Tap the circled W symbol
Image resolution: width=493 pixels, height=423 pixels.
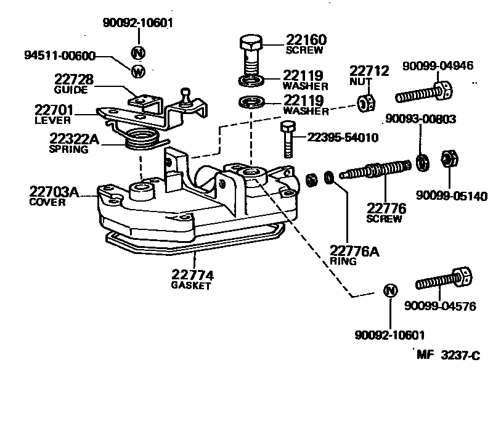tap(138, 71)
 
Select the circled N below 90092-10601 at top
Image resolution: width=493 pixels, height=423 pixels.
tap(138, 51)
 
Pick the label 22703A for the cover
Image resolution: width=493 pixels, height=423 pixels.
tap(54, 192)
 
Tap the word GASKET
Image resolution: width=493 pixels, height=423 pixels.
tap(192, 286)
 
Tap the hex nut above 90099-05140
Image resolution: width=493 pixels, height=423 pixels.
tap(448, 160)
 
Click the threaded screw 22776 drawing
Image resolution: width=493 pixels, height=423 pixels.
tap(375, 169)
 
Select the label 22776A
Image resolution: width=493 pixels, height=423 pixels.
tap(352, 251)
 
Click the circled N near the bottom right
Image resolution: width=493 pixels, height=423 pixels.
tap(389, 291)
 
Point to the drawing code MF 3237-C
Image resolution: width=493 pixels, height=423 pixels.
tap(448, 355)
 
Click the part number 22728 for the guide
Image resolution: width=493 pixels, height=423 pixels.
tap(73, 80)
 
